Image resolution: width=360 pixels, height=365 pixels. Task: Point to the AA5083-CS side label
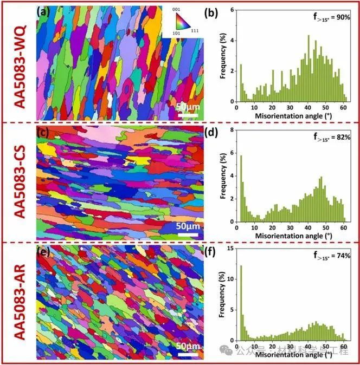click(18, 182)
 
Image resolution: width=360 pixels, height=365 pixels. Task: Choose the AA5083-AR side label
click(18, 303)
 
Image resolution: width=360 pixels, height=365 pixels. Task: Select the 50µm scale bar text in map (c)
click(187, 225)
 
